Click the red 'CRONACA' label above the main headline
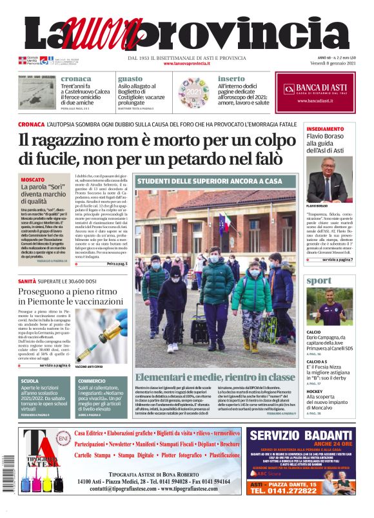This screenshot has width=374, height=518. pyautogui.click(x=31, y=124)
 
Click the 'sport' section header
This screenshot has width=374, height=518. pyautogui.click(x=319, y=281)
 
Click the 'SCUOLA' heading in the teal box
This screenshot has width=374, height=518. pyautogui.click(x=30, y=381)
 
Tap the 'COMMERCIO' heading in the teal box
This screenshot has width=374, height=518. pyautogui.click(x=92, y=381)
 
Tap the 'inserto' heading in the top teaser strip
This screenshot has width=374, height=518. pyautogui.click(x=231, y=79)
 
